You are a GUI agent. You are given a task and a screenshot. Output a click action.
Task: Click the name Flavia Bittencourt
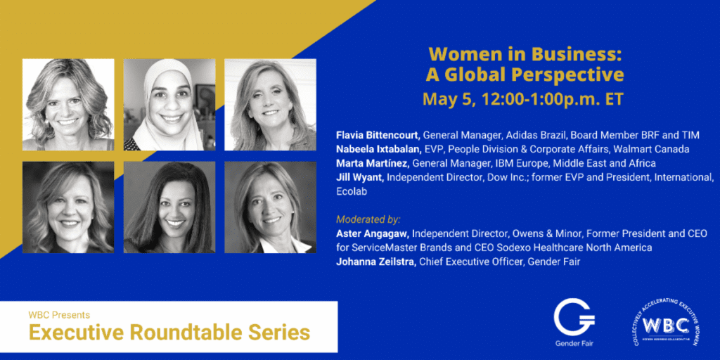378,135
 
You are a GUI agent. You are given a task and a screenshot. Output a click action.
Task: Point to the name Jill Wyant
360,177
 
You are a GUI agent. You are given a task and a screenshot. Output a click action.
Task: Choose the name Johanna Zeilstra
377,262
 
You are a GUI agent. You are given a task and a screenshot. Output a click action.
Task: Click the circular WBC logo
666,324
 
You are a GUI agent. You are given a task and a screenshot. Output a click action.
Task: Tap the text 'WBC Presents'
59,316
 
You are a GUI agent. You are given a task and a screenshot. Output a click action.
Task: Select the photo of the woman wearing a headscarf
169,104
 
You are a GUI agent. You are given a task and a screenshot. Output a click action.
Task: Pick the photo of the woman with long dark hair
169,207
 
